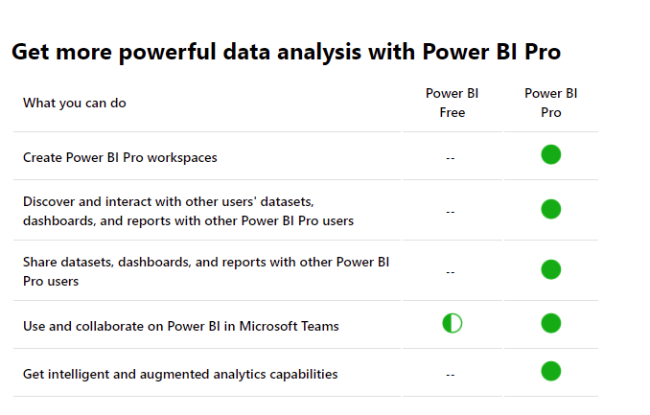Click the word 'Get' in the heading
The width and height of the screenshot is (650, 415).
click(31, 52)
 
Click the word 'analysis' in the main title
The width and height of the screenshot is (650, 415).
click(319, 53)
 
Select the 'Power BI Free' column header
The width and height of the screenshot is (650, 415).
click(452, 103)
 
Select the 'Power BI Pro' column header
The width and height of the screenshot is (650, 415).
click(551, 103)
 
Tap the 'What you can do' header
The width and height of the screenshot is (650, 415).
click(75, 103)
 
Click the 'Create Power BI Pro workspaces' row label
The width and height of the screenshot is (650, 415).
click(120, 157)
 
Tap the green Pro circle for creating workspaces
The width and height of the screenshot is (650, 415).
click(551, 154)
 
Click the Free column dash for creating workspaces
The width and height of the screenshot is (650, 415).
click(451, 158)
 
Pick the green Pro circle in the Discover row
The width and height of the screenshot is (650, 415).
click(551, 209)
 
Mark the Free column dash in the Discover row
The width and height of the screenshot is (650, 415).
click(451, 212)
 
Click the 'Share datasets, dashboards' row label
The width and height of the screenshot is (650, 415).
click(206, 271)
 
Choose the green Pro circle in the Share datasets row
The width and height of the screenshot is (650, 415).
click(551, 269)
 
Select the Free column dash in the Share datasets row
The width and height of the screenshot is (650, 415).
click(451, 272)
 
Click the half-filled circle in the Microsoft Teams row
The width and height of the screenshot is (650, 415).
click(453, 323)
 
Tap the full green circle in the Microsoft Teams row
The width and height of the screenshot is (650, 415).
click(551, 323)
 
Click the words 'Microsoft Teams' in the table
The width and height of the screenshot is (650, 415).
click(290, 326)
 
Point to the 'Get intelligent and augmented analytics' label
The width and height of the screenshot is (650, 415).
click(180, 375)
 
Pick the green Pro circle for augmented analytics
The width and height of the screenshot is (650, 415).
click(551, 371)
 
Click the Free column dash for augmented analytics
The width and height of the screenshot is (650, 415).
click(451, 375)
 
